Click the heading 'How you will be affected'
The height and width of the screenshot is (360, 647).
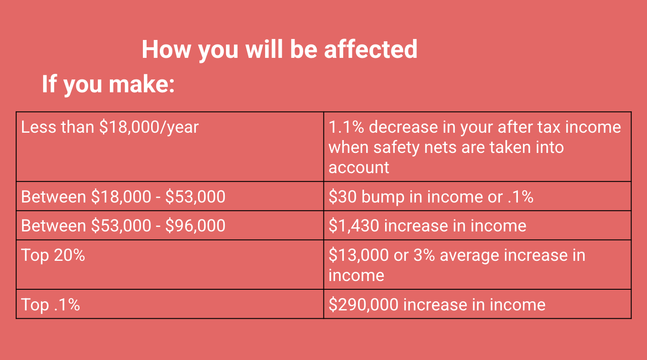click(x=279, y=50)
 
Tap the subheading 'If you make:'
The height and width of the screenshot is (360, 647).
click(x=108, y=84)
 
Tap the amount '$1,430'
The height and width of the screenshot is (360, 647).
click(x=353, y=226)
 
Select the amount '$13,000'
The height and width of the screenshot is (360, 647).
click(x=358, y=255)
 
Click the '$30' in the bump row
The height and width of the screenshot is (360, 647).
click(x=342, y=197)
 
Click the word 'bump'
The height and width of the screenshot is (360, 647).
click(x=383, y=197)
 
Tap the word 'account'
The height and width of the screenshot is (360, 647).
click(x=359, y=168)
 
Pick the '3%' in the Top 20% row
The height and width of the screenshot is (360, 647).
click(x=424, y=255)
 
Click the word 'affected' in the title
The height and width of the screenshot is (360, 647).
click(x=371, y=50)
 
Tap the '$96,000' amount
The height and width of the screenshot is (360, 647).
click(x=195, y=226)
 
